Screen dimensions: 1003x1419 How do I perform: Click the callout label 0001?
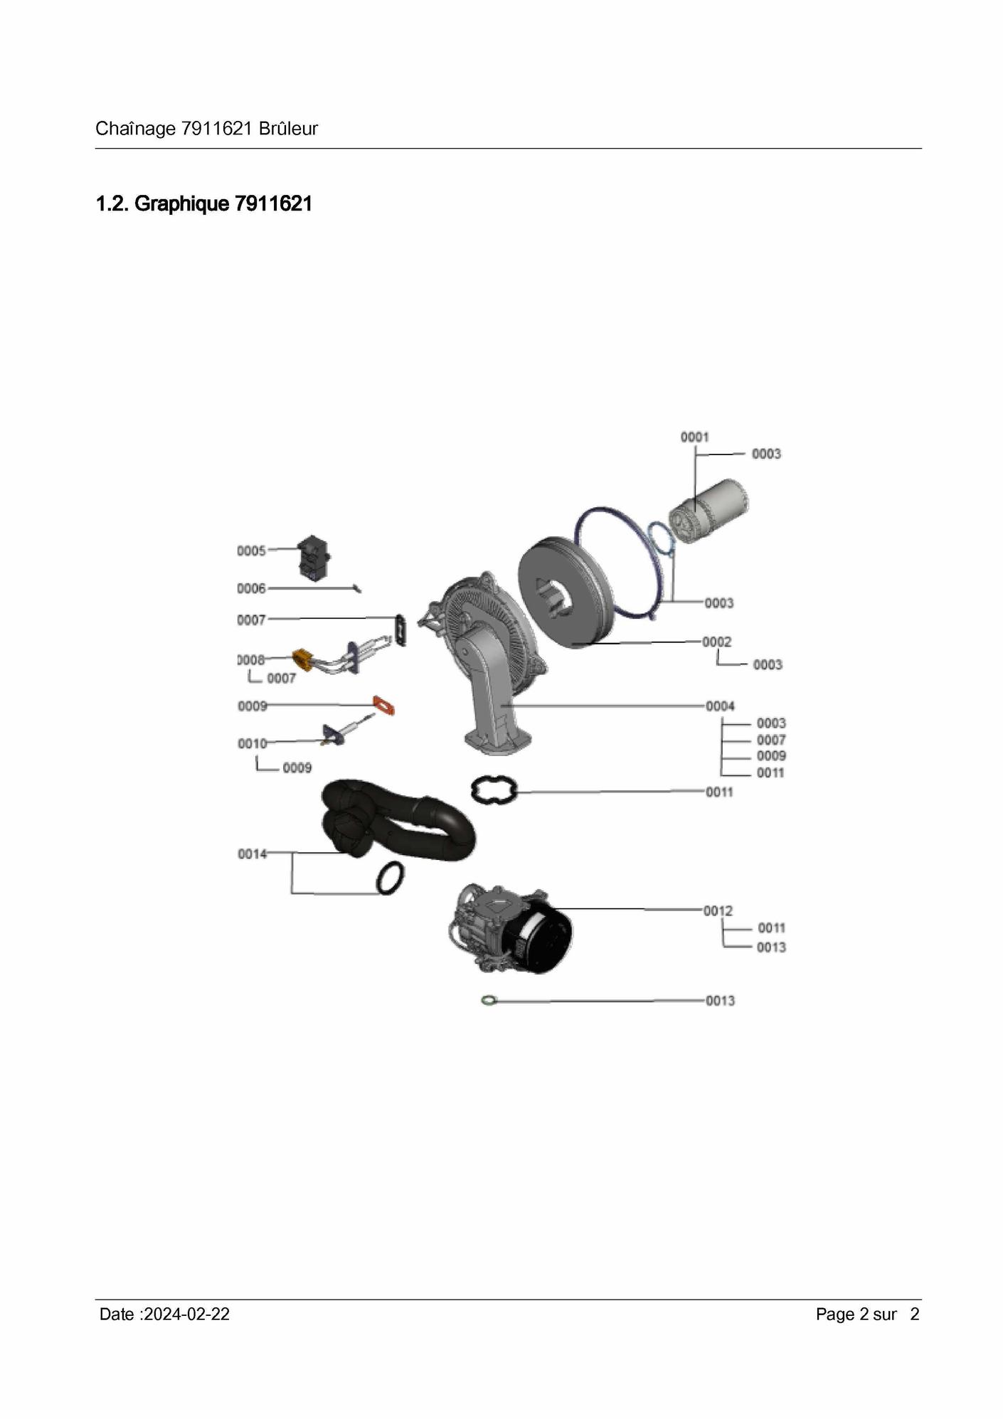click(694, 437)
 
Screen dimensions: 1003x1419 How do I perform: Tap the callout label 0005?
click(251, 551)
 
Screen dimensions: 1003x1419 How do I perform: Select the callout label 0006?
click(251, 588)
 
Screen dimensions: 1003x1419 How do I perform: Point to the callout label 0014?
click(252, 854)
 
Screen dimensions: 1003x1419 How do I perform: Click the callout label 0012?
click(718, 910)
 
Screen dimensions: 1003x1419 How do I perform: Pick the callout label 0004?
click(720, 706)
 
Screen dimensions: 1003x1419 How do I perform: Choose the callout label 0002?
click(717, 642)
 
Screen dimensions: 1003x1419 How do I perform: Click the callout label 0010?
click(253, 743)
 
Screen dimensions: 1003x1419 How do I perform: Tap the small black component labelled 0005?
click(314, 558)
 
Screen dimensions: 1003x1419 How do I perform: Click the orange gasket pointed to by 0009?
click(384, 706)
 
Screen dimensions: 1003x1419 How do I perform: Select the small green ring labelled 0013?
click(487, 1001)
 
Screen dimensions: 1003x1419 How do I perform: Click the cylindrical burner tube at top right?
click(709, 511)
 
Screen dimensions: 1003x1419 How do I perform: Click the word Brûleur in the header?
click(288, 129)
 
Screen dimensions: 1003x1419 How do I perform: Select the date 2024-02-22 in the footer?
click(186, 1314)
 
